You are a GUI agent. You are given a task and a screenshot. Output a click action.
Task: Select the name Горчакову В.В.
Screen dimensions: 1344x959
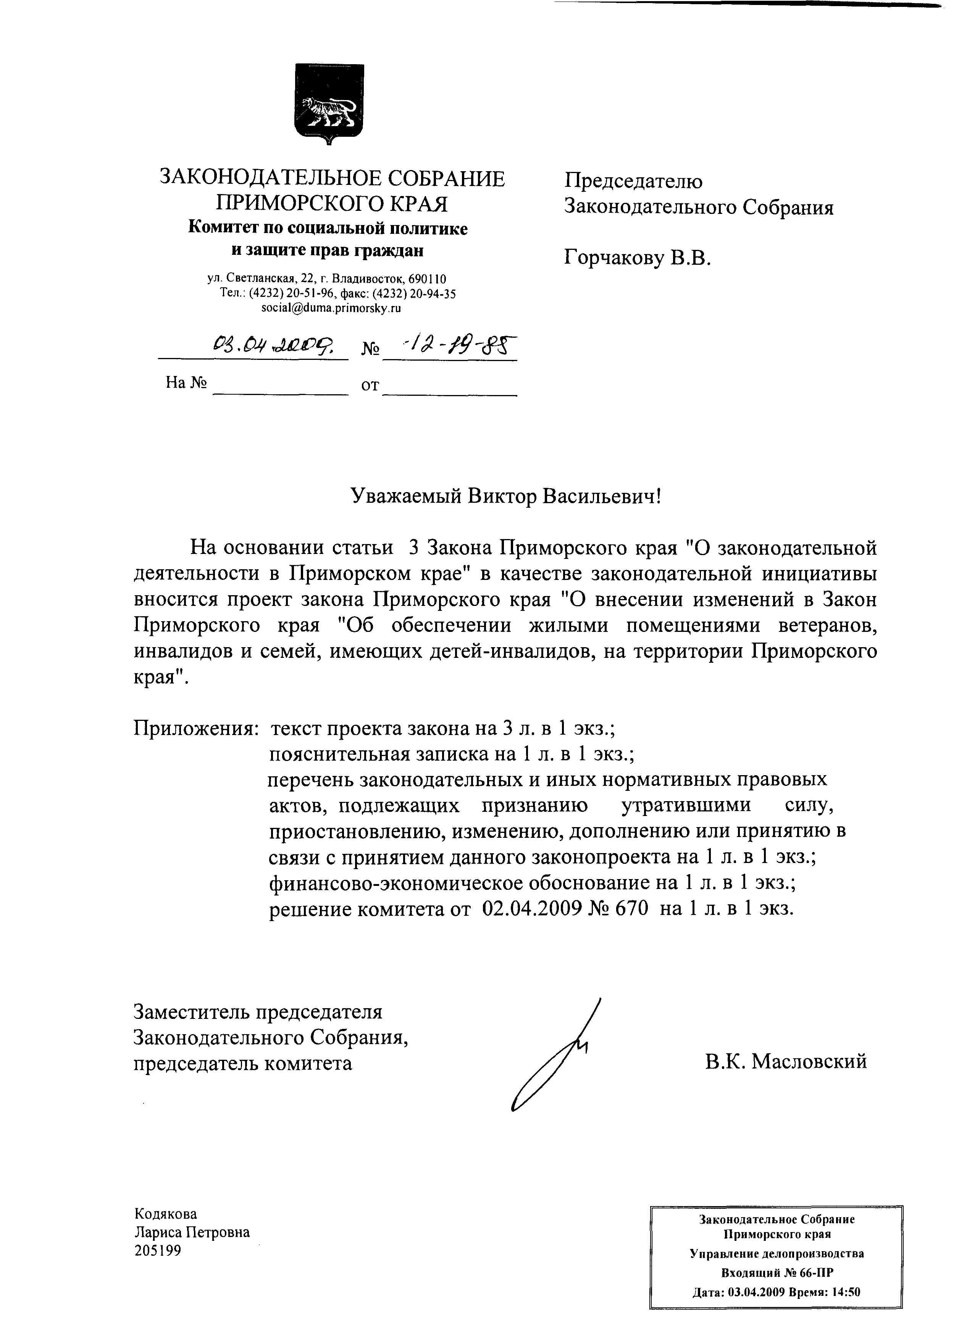(638, 258)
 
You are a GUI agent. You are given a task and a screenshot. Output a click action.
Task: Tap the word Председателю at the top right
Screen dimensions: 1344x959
(633, 181)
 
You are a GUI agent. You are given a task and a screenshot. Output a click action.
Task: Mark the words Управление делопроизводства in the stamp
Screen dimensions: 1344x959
(777, 1253)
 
